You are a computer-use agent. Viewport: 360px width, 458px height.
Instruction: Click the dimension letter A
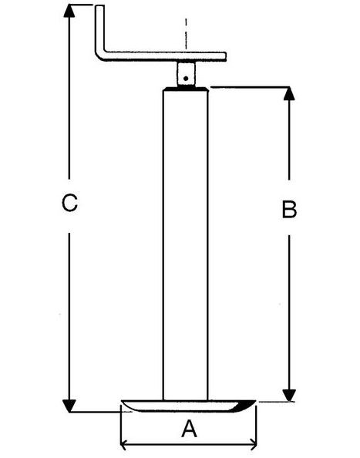(189, 428)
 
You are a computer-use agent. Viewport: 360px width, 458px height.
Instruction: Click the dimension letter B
(289, 209)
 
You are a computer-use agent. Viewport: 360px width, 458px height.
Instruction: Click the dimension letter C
(69, 203)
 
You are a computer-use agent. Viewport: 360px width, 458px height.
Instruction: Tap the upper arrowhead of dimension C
(69, 11)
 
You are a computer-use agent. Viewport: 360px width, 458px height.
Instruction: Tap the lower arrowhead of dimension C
(69, 406)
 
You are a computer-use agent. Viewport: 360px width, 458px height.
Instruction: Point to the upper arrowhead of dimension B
(289, 93)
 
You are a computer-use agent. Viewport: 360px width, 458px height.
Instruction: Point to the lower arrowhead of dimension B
(289, 396)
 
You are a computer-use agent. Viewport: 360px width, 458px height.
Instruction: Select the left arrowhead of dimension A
(124, 444)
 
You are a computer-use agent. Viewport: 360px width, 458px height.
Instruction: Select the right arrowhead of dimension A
(253, 444)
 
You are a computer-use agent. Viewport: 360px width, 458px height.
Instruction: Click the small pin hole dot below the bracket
(186, 79)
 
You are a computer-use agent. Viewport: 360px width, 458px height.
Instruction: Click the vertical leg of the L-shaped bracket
(99, 29)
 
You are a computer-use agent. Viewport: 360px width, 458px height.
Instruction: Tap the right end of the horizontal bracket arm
(225, 56)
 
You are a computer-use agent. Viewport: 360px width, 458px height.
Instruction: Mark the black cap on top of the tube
(186, 89)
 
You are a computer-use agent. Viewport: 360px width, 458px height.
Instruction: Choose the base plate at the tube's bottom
(188, 406)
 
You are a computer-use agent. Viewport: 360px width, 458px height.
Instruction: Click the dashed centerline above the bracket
(186, 34)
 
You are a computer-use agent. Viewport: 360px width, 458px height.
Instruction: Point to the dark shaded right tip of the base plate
(247, 406)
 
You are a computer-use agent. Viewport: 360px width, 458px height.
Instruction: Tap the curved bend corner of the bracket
(99, 56)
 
